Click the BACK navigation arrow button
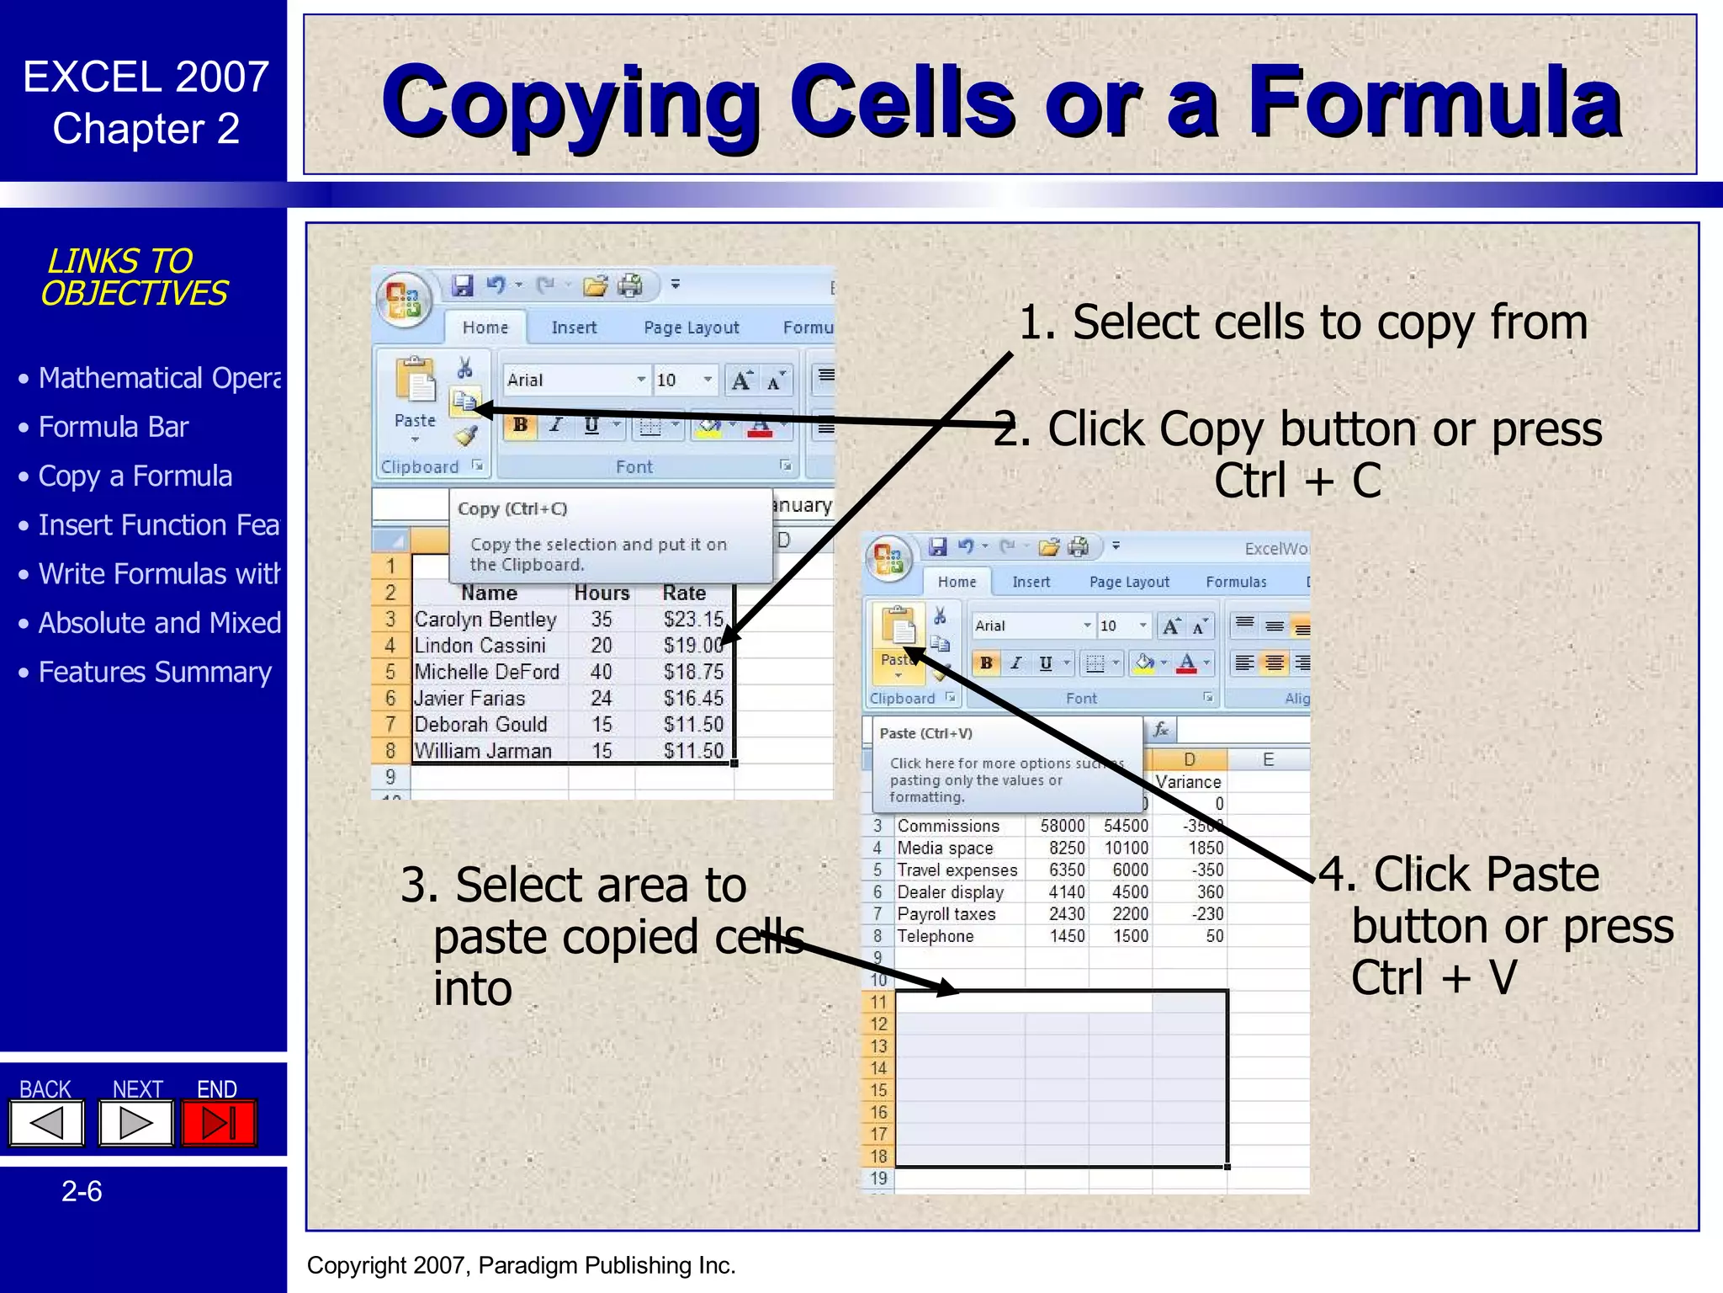coord(47,1123)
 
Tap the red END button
coord(219,1123)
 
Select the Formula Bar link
coord(114,428)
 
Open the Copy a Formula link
coord(135,476)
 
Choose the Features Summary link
coord(155,673)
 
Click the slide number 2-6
coord(82,1192)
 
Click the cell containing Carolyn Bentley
coord(485,620)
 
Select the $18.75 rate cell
coord(692,672)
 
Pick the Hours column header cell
coord(602,593)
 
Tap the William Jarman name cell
coord(483,751)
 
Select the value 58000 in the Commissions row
coord(1062,826)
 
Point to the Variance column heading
coord(1188,782)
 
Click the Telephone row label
coord(935,936)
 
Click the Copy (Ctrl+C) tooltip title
coord(512,508)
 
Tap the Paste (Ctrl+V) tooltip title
coord(925,733)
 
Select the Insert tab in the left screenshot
coord(574,327)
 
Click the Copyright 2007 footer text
coord(521,1265)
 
